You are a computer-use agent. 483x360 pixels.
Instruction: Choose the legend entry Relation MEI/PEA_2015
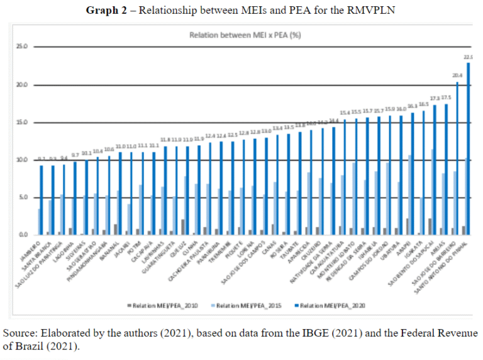point(248,306)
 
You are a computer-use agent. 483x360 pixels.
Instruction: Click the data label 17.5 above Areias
point(446,97)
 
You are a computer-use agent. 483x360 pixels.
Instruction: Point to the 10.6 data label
point(109,150)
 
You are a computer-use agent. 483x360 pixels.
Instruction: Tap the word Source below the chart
point(19,332)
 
